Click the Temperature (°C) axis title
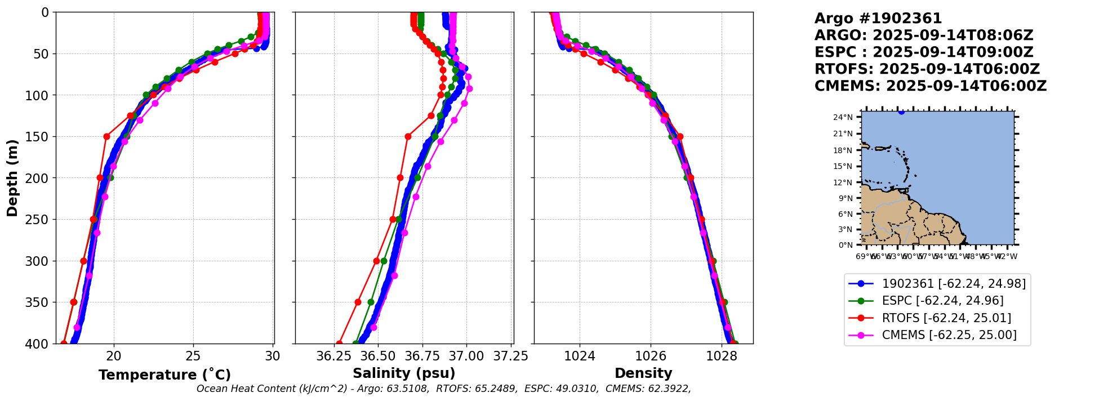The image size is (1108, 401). tap(164, 375)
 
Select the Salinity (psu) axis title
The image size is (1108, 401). tap(404, 373)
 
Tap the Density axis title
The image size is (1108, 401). tap(643, 373)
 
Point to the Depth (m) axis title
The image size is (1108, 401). tap(12, 177)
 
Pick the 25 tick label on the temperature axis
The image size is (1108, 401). tap(193, 356)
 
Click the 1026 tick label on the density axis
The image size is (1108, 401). tap(651, 356)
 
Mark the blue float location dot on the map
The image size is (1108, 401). tap(901, 112)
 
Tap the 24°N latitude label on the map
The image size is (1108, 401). tap(843, 117)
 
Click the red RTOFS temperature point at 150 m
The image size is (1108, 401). tap(106, 136)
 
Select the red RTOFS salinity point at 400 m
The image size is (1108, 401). tap(339, 343)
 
